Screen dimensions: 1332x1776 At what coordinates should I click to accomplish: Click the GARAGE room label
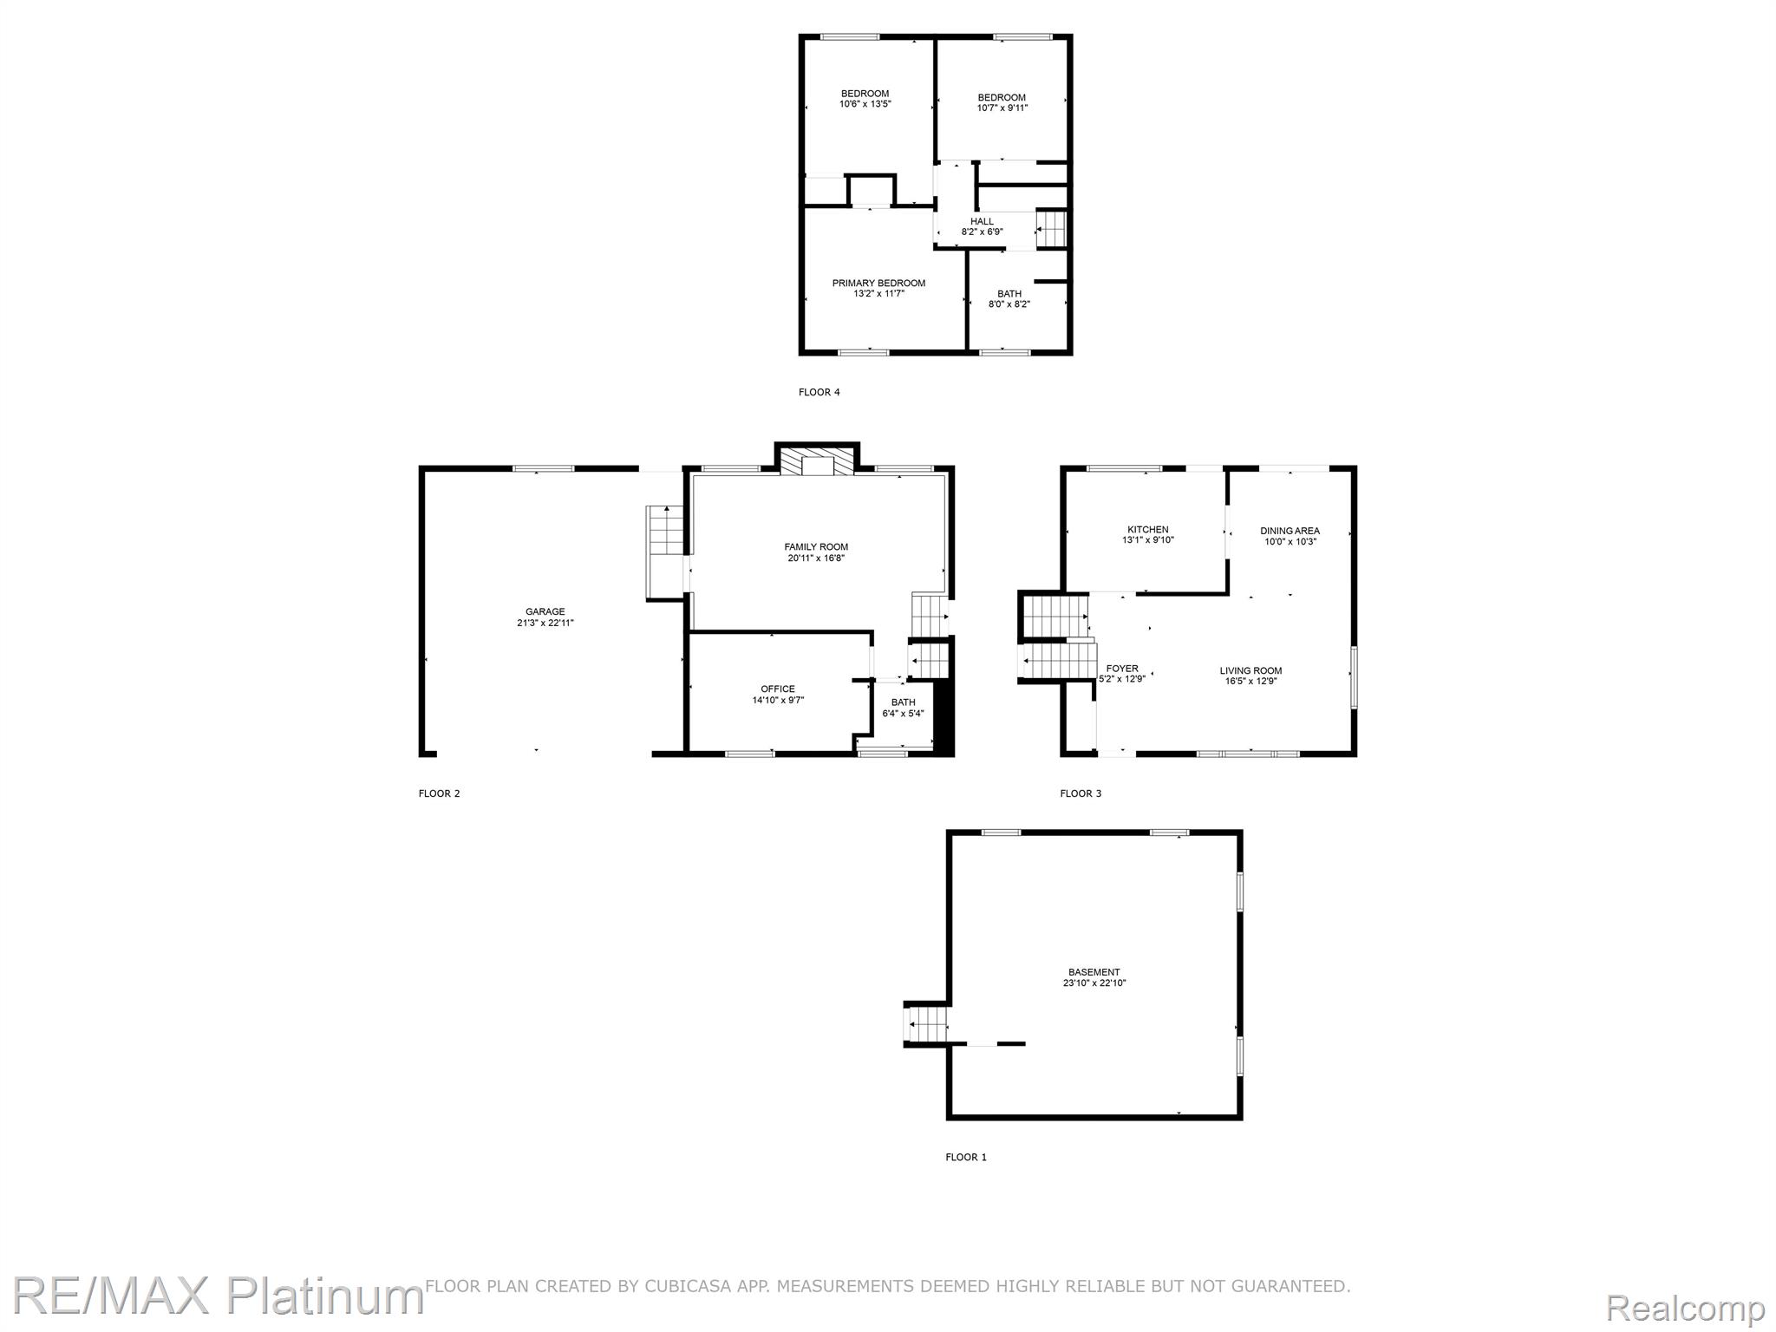(x=545, y=611)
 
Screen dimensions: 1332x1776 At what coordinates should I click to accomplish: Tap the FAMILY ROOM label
(x=816, y=547)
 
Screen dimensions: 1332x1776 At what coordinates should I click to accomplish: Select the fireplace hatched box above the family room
(x=817, y=461)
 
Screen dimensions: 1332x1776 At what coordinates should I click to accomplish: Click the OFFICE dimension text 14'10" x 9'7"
(x=778, y=701)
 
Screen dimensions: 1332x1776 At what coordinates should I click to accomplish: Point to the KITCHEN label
(x=1147, y=530)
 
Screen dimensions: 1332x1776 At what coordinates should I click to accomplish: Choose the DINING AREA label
(x=1290, y=531)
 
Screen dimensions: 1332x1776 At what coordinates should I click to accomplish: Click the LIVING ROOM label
(x=1250, y=670)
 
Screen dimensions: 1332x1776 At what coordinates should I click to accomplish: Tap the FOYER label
(x=1122, y=669)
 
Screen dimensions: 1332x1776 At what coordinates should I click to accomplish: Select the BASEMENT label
(x=1094, y=972)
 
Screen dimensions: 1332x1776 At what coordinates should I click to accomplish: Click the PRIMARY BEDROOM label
(x=878, y=284)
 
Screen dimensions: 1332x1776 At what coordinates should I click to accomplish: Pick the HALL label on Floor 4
(x=982, y=222)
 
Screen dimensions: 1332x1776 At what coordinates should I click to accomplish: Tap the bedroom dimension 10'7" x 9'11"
(x=1002, y=108)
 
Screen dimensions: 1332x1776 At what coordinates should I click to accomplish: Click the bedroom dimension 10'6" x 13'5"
(x=865, y=104)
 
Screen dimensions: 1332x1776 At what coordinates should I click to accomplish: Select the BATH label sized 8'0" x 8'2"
(x=1009, y=294)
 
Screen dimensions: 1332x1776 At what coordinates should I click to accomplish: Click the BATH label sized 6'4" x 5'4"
(x=903, y=702)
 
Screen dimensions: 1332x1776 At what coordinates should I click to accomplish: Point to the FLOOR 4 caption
(x=819, y=392)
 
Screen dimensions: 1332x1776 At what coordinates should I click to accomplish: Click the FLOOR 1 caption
(x=965, y=1157)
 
